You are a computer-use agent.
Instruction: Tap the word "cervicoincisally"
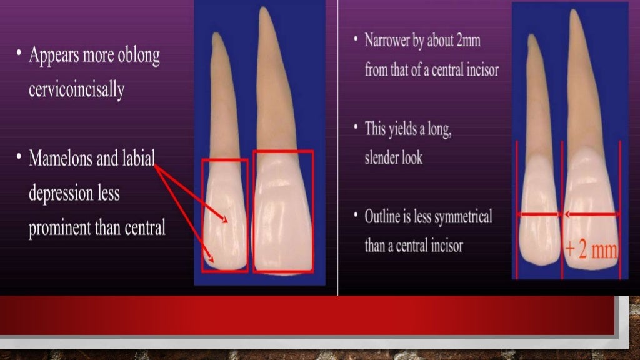(76, 89)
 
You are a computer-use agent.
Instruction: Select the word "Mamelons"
(59, 159)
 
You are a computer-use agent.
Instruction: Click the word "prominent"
(60, 228)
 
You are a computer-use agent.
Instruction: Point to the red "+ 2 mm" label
(591, 251)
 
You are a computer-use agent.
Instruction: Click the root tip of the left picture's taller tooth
(264, 11)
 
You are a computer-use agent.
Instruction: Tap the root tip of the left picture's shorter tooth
(216, 36)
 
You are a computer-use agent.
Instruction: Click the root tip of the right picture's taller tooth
(574, 12)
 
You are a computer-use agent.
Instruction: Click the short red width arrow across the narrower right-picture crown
(539, 214)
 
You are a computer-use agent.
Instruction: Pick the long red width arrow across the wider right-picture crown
(591, 214)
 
